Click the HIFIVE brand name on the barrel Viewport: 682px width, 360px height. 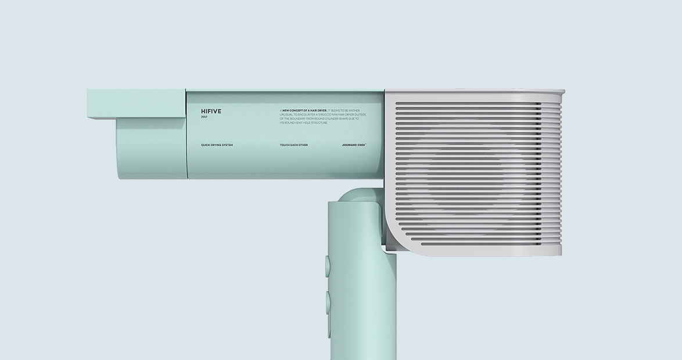pyautogui.click(x=211, y=111)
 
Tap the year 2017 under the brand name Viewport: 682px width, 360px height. pyautogui.click(x=204, y=117)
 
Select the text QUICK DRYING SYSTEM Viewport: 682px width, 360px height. pyautogui.click(x=217, y=145)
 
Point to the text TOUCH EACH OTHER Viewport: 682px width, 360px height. pyautogui.click(x=294, y=145)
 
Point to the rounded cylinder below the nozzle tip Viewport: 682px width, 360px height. pyautogui.click(x=150, y=148)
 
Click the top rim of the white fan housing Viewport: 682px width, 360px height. pyautogui.click(x=474, y=92)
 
